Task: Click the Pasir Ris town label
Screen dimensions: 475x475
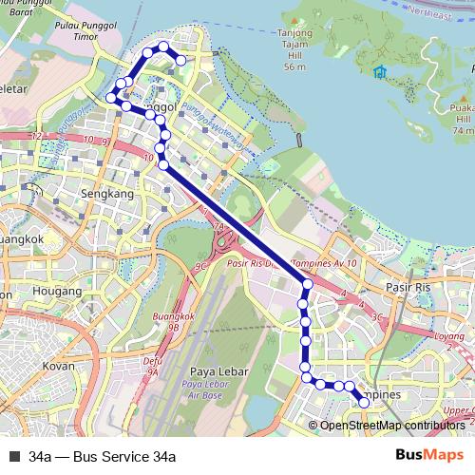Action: click(x=408, y=285)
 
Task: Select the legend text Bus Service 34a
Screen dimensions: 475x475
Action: click(x=103, y=456)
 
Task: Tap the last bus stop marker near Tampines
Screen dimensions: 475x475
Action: click(x=363, y=404)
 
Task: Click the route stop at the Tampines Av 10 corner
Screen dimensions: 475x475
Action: click(x=307, y=284)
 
